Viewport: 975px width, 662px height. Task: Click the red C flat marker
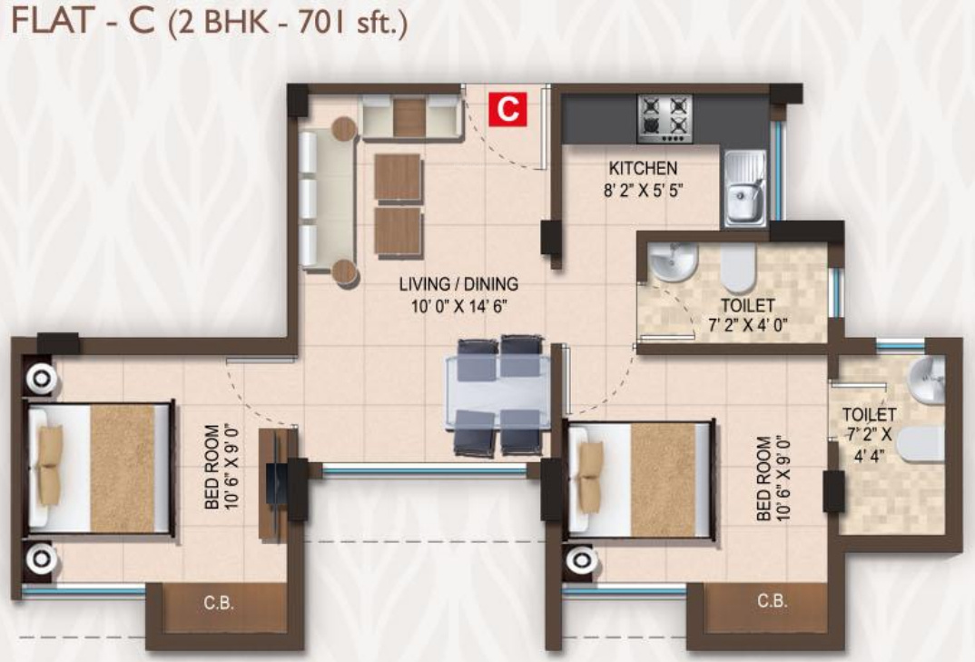tap(507, 109)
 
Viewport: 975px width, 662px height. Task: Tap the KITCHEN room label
tap(642, 168)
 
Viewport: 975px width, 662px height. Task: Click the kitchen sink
tap(744, 189)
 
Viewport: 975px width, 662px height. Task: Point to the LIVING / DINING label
tap(458, 285)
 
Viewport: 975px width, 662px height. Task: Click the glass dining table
tap(497, 395)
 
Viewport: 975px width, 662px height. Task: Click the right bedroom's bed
tap(640, 479)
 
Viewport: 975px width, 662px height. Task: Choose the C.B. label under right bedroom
tap(772, 600)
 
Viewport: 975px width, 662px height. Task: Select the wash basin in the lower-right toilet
tap(925, 380)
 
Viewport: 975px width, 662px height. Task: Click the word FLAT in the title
tap(44, 23)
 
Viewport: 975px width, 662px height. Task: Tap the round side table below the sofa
tap(344, 272)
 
